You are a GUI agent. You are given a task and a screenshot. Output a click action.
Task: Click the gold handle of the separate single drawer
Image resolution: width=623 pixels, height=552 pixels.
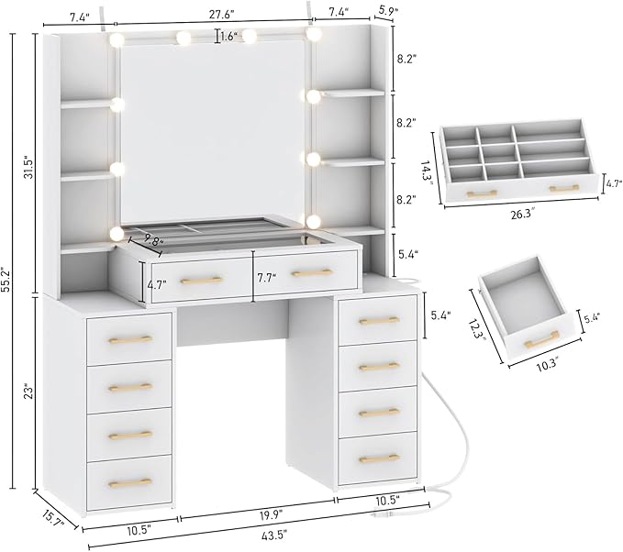[x=540, y=342]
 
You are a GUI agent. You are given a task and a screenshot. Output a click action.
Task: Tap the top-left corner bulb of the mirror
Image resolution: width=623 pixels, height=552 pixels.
[x=117, y=40]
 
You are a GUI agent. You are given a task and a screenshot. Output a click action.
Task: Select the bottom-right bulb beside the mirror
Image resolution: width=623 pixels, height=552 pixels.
[x=314, y=222]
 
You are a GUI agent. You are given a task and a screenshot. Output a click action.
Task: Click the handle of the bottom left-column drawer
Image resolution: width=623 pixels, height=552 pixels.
[x=129, y=481]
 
